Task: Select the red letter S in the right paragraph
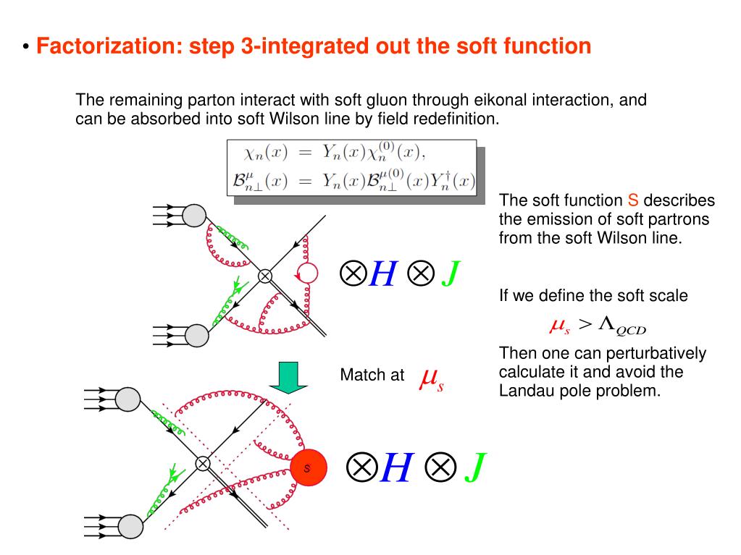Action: (x=632, y=200)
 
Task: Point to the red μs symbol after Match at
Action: (x=431, y=378)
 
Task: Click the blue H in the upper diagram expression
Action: (x=382, y=274)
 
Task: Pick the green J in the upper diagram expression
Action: (x=450, y=274)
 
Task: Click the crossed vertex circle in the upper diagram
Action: (x=265, y=275)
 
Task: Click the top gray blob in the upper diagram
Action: (x=194, y=214)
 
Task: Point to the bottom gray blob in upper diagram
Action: (x=196, y=334)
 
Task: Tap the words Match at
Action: (x=372, y=376)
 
